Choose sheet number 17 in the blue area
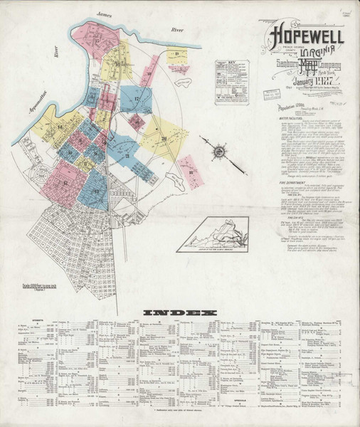(135, 97)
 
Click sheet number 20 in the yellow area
(163, 139)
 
